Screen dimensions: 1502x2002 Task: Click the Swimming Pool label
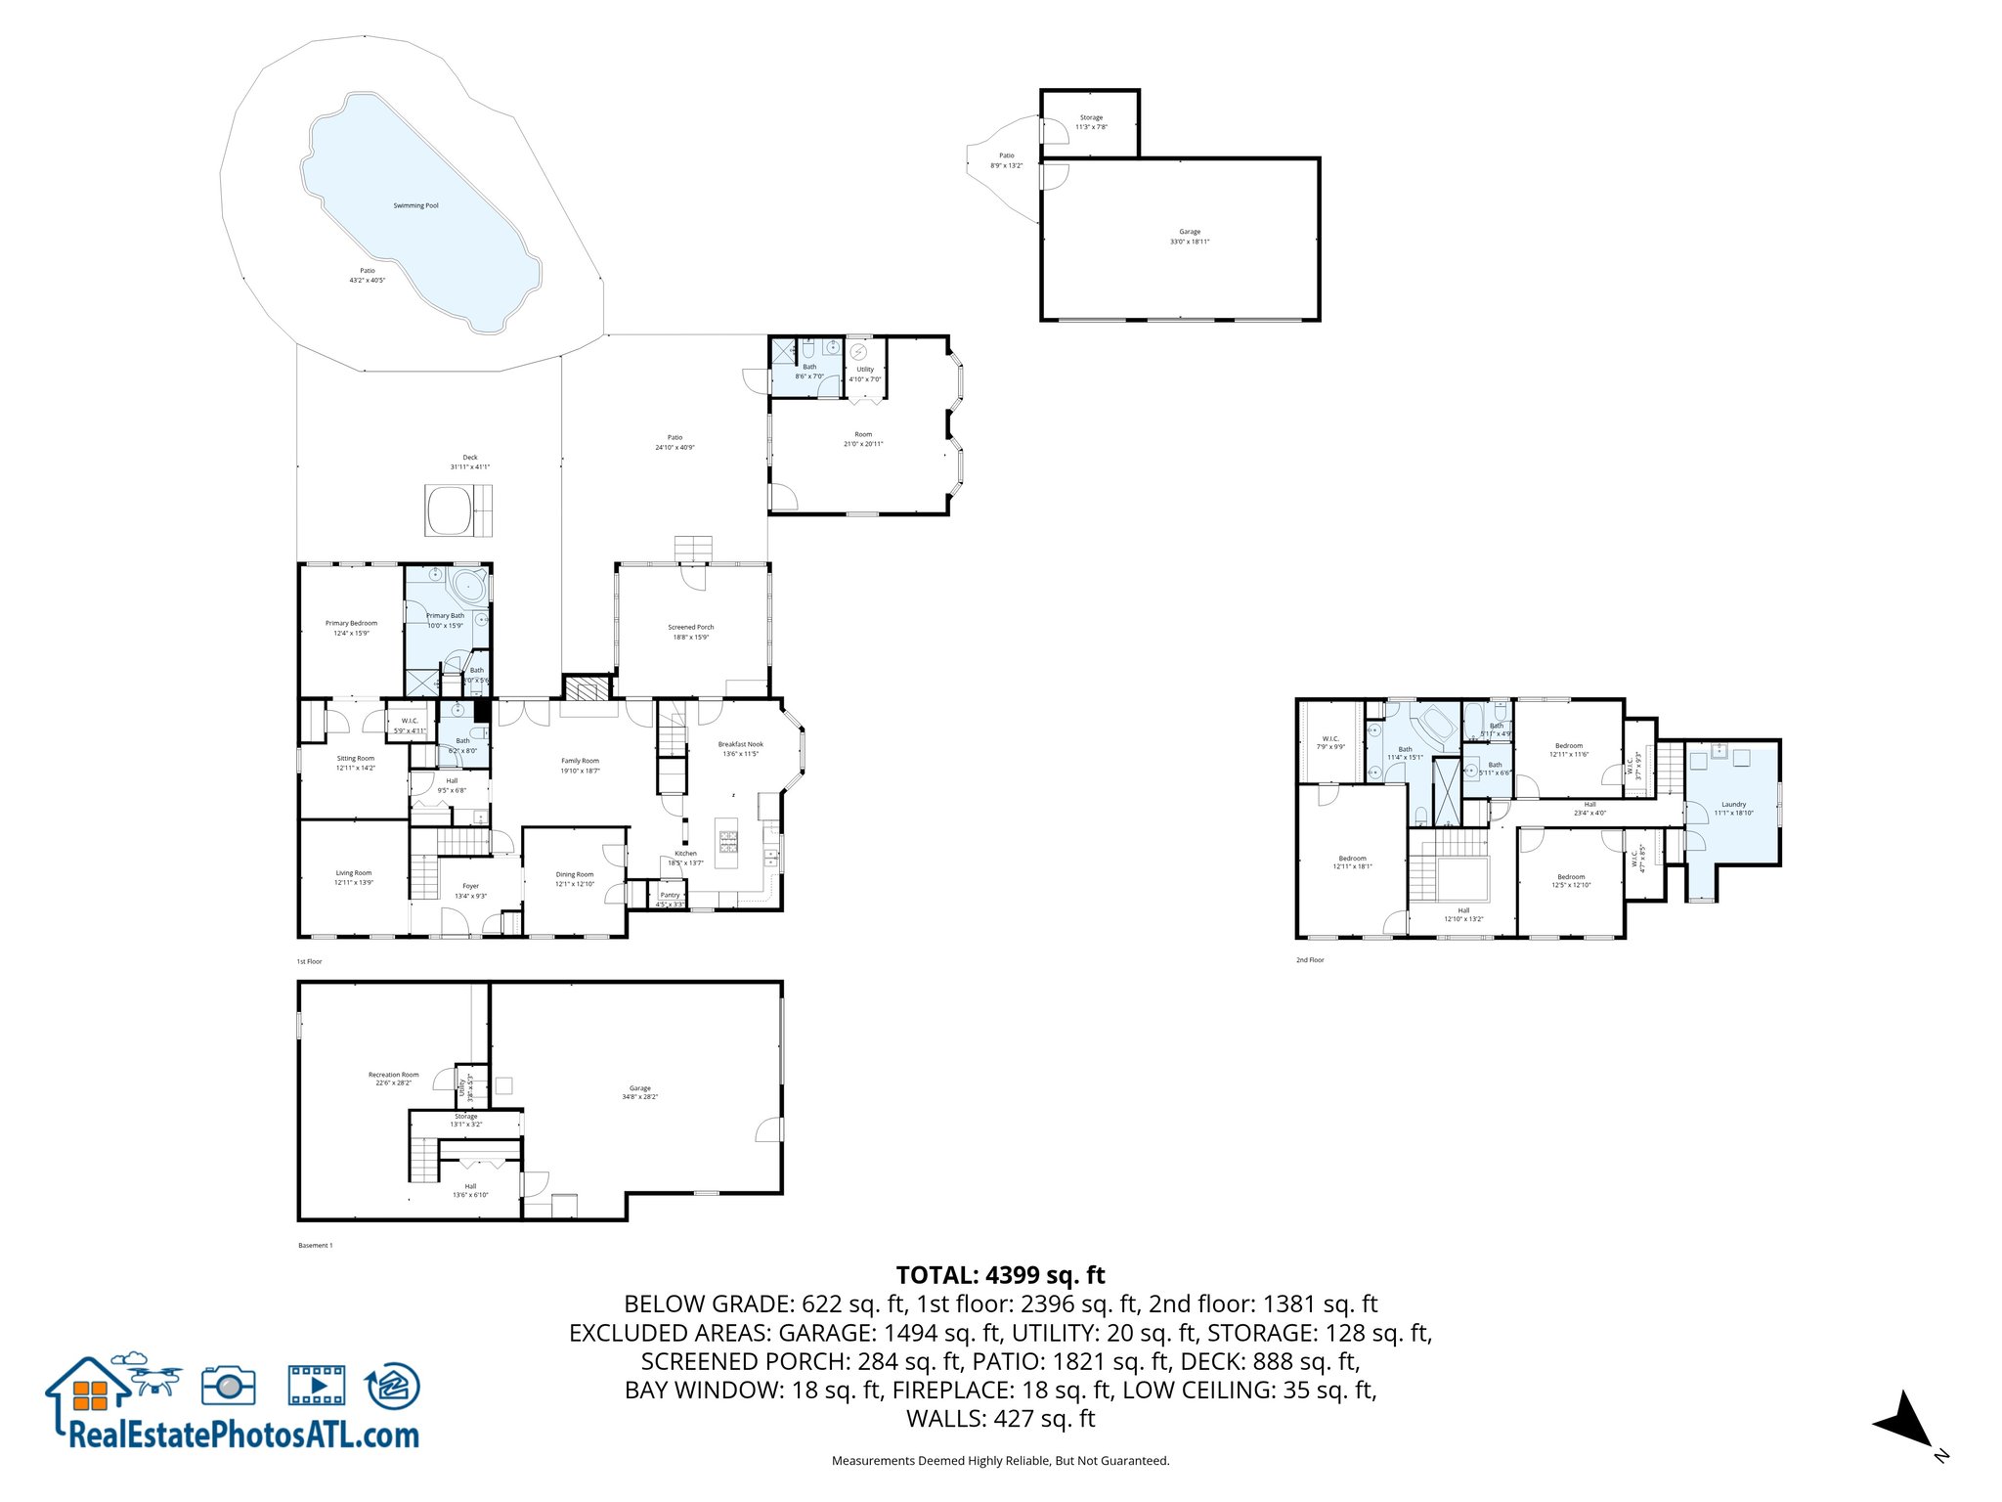[415, 205]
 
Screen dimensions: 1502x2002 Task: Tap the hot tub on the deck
[450, 510]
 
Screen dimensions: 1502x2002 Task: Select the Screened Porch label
[690, 632]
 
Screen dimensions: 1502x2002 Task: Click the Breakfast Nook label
[740, 748]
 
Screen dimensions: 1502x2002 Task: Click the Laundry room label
[1733, 808]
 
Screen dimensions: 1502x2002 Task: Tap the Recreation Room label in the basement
[393, 1078]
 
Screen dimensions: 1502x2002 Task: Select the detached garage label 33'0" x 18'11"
[1189, 237]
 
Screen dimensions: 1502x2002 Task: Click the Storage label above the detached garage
[1091, 121]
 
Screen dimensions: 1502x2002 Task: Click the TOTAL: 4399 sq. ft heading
[1000, 1275]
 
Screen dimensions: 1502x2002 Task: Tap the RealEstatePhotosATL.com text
[243, 1435]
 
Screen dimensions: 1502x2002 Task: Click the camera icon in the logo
[229, 1386]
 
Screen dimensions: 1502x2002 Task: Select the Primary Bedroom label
[351, 627]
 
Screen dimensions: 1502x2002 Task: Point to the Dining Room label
[574, 878]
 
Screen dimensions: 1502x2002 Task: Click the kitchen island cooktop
[728, 837]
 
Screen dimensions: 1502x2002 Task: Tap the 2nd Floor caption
[1310, 959]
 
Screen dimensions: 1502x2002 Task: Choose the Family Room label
[580, 765]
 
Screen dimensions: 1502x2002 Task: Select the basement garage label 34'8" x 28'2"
[639, 1091]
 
